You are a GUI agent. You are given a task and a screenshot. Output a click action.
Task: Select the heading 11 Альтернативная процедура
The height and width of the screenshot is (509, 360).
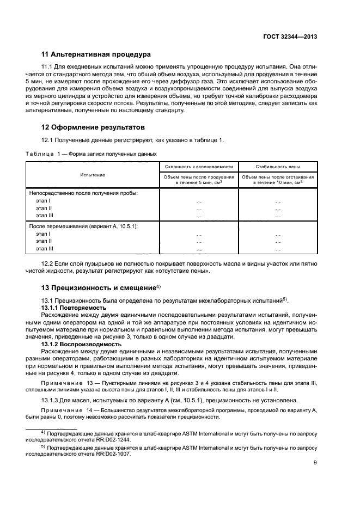(x=96, y=54)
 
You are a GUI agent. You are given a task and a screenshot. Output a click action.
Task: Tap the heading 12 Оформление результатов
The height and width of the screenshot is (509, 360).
(x=93, y=127)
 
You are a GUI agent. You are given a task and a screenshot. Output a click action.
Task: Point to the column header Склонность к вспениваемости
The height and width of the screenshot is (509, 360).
(x=198, y=167)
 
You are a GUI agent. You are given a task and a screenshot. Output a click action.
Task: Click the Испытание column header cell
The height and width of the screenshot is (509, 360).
(x=93, y=175)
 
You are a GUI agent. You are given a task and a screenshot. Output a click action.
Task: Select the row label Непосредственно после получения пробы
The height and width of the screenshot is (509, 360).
(x=83, y=193)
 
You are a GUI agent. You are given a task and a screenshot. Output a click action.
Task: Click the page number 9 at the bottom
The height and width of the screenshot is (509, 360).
(x=315, y=463)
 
